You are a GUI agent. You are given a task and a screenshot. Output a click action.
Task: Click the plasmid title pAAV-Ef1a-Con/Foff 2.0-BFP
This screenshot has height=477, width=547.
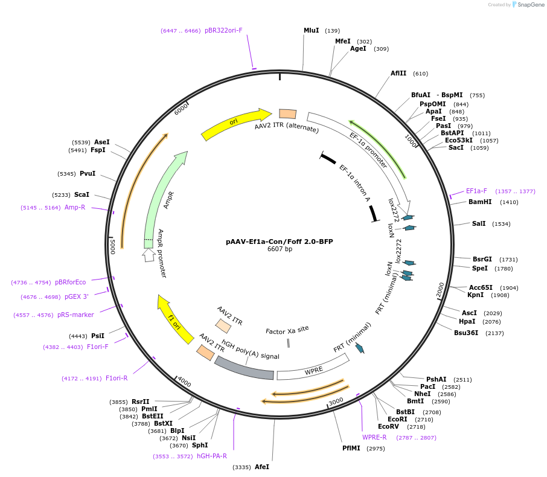(x=279, y=242)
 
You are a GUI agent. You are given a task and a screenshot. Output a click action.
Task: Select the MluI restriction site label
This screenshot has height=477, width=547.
(x=312, y=30)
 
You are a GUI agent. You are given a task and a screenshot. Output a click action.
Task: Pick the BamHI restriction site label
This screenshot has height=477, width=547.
(x=480, y=202)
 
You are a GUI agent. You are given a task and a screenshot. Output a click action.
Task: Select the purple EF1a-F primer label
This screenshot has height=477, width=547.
(x=476, y=191)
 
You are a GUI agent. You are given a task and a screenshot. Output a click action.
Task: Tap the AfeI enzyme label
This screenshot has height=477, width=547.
(x=262, y=467)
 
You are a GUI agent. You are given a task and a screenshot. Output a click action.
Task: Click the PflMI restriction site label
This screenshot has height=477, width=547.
(x=354, y=448)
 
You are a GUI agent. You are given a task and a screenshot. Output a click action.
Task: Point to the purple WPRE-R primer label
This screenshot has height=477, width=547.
(x=374, y=437)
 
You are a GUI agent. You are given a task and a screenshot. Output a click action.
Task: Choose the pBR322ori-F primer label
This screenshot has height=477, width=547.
(x=223, y=30)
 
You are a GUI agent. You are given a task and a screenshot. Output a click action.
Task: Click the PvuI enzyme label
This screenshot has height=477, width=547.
(x=88, y=174)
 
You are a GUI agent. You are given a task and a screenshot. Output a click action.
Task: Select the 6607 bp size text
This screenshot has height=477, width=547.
(x=280, y=249)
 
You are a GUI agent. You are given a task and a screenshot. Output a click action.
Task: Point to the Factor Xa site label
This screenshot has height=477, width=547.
(x=287, y=330)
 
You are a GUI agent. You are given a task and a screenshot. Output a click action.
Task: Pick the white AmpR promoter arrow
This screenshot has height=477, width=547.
(x=149, y=254)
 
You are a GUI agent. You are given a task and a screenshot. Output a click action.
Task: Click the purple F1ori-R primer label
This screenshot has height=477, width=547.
(x=117, y=379)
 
